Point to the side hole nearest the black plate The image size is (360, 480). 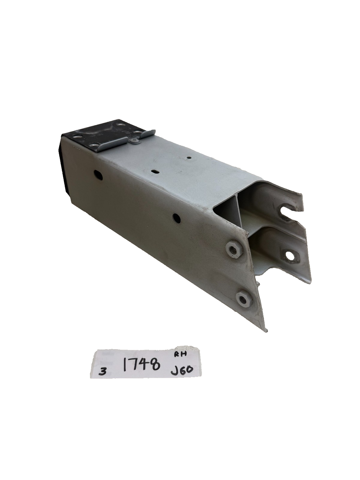pos(98,175)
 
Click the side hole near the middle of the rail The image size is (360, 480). pos(176,218)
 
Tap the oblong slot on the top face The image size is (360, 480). pos(155,172)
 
